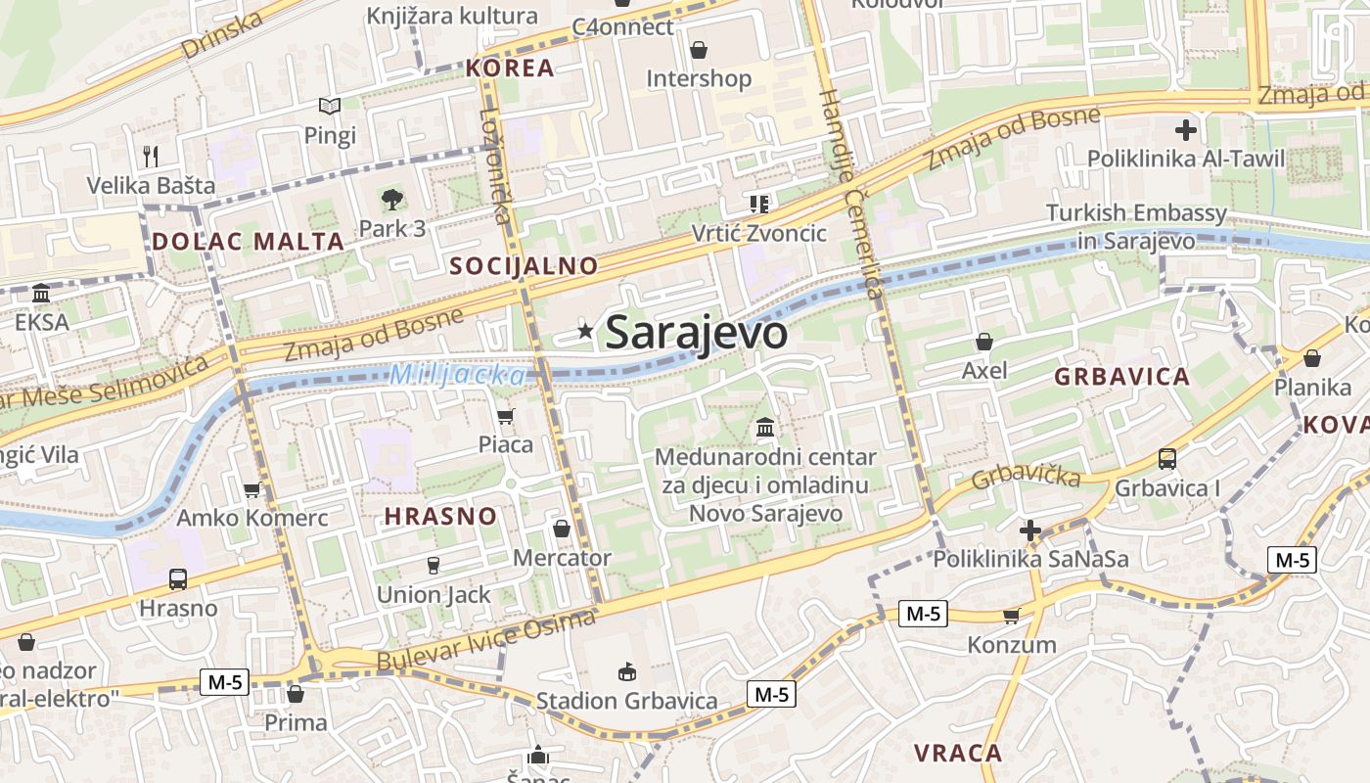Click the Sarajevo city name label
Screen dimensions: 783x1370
pyautogui.click(x=696, y=333)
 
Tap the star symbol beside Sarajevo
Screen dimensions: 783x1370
pyautogui.click(x=585, y=331)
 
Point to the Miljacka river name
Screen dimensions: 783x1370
pyautogui.click(x=457, y=374)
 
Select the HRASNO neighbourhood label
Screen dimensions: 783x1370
pyautogui.click(x=440, y=516)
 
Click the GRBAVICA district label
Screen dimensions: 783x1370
pyautogui.click(x=1121, y=377)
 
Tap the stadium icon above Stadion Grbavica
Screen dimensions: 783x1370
pyautogui.click(x=626, y=671)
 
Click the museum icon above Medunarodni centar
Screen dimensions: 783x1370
pyautogui.click(x=765, y=428)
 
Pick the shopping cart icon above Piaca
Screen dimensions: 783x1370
pyautogui.click(x=506, y=417)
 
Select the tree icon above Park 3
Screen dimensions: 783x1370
pyautogui.click(x=391, y=200)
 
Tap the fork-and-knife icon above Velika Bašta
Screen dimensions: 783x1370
pyautogui.click(x=151, y=156)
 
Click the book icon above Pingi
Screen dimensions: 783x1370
pyautogui.click(x=330, y=106)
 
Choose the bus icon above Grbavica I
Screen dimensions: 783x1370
pyautogui.click(x=1166, y=458)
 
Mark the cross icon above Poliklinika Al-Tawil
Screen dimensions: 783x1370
pyautogui.click(x=1185, y=129)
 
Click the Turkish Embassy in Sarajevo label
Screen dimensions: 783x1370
pyautogui.click(x=1136, y=227)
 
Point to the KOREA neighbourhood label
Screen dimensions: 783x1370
pyautogui.click(x=510, y=68)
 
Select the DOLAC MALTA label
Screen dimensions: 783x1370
pyautogui.click(x=249, y=241)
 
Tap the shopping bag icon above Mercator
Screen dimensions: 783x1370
pyautogui.click(x=562, y=529)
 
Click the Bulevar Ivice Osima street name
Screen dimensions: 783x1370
pyautogui.click(x=486, y=642)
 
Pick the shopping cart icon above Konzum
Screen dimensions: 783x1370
pyautogui.click(x=1011, y=616)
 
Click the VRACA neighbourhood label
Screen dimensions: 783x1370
pyautogui.click(x=958, y=753)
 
